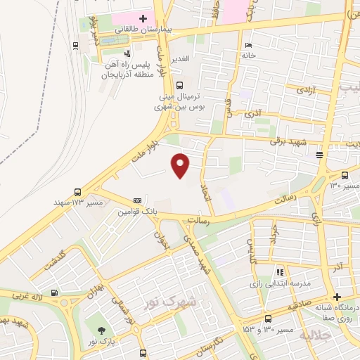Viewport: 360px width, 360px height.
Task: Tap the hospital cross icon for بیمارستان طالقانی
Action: click(143, 18)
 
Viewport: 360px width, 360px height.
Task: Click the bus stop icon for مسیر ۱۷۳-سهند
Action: click(77, 191)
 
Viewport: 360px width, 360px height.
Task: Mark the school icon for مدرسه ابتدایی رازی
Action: click(280, 271)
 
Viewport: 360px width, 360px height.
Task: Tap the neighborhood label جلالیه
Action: click(314, 335)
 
